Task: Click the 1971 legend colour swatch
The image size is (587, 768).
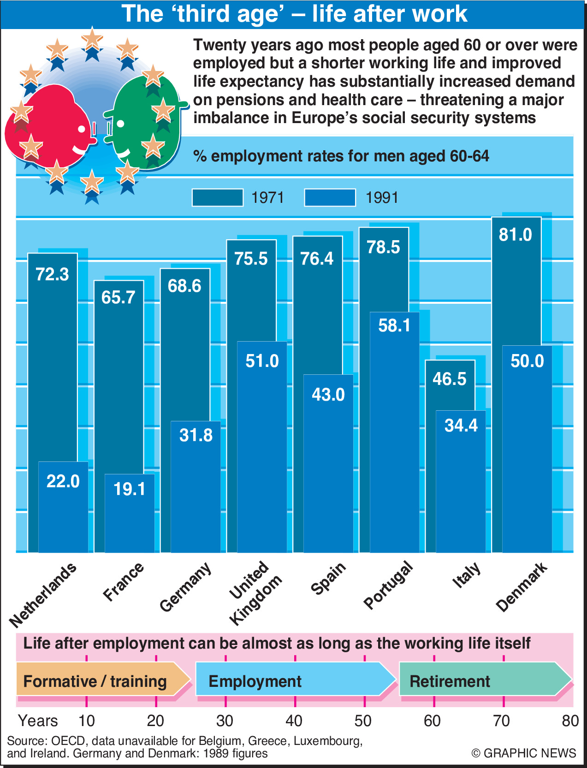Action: (x=218, y=197)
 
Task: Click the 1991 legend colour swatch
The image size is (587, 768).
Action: (x=330, y=197)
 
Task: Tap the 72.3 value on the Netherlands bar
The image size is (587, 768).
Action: (x=52, y=274)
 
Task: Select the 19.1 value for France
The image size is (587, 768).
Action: (x=130, y=489)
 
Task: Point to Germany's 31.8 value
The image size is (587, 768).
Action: (x=196, y=435)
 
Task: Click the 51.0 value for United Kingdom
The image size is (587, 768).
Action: (x=262, y=360)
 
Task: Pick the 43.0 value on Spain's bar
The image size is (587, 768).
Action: (x=328, y=395)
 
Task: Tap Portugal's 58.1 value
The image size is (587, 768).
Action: (x=394, y=325)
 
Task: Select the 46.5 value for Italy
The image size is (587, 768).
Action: (x=450, y=379)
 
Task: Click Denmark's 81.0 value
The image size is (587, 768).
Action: (x=516, y=235)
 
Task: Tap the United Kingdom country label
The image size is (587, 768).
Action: (x=255, y=592)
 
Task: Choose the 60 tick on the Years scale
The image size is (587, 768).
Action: (x=432, y=721)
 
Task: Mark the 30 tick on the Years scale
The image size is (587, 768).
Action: (x=225, y=721)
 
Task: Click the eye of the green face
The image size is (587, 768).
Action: (x=121, y=124)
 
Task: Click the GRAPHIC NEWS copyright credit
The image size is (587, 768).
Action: (x=524, y=753)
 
